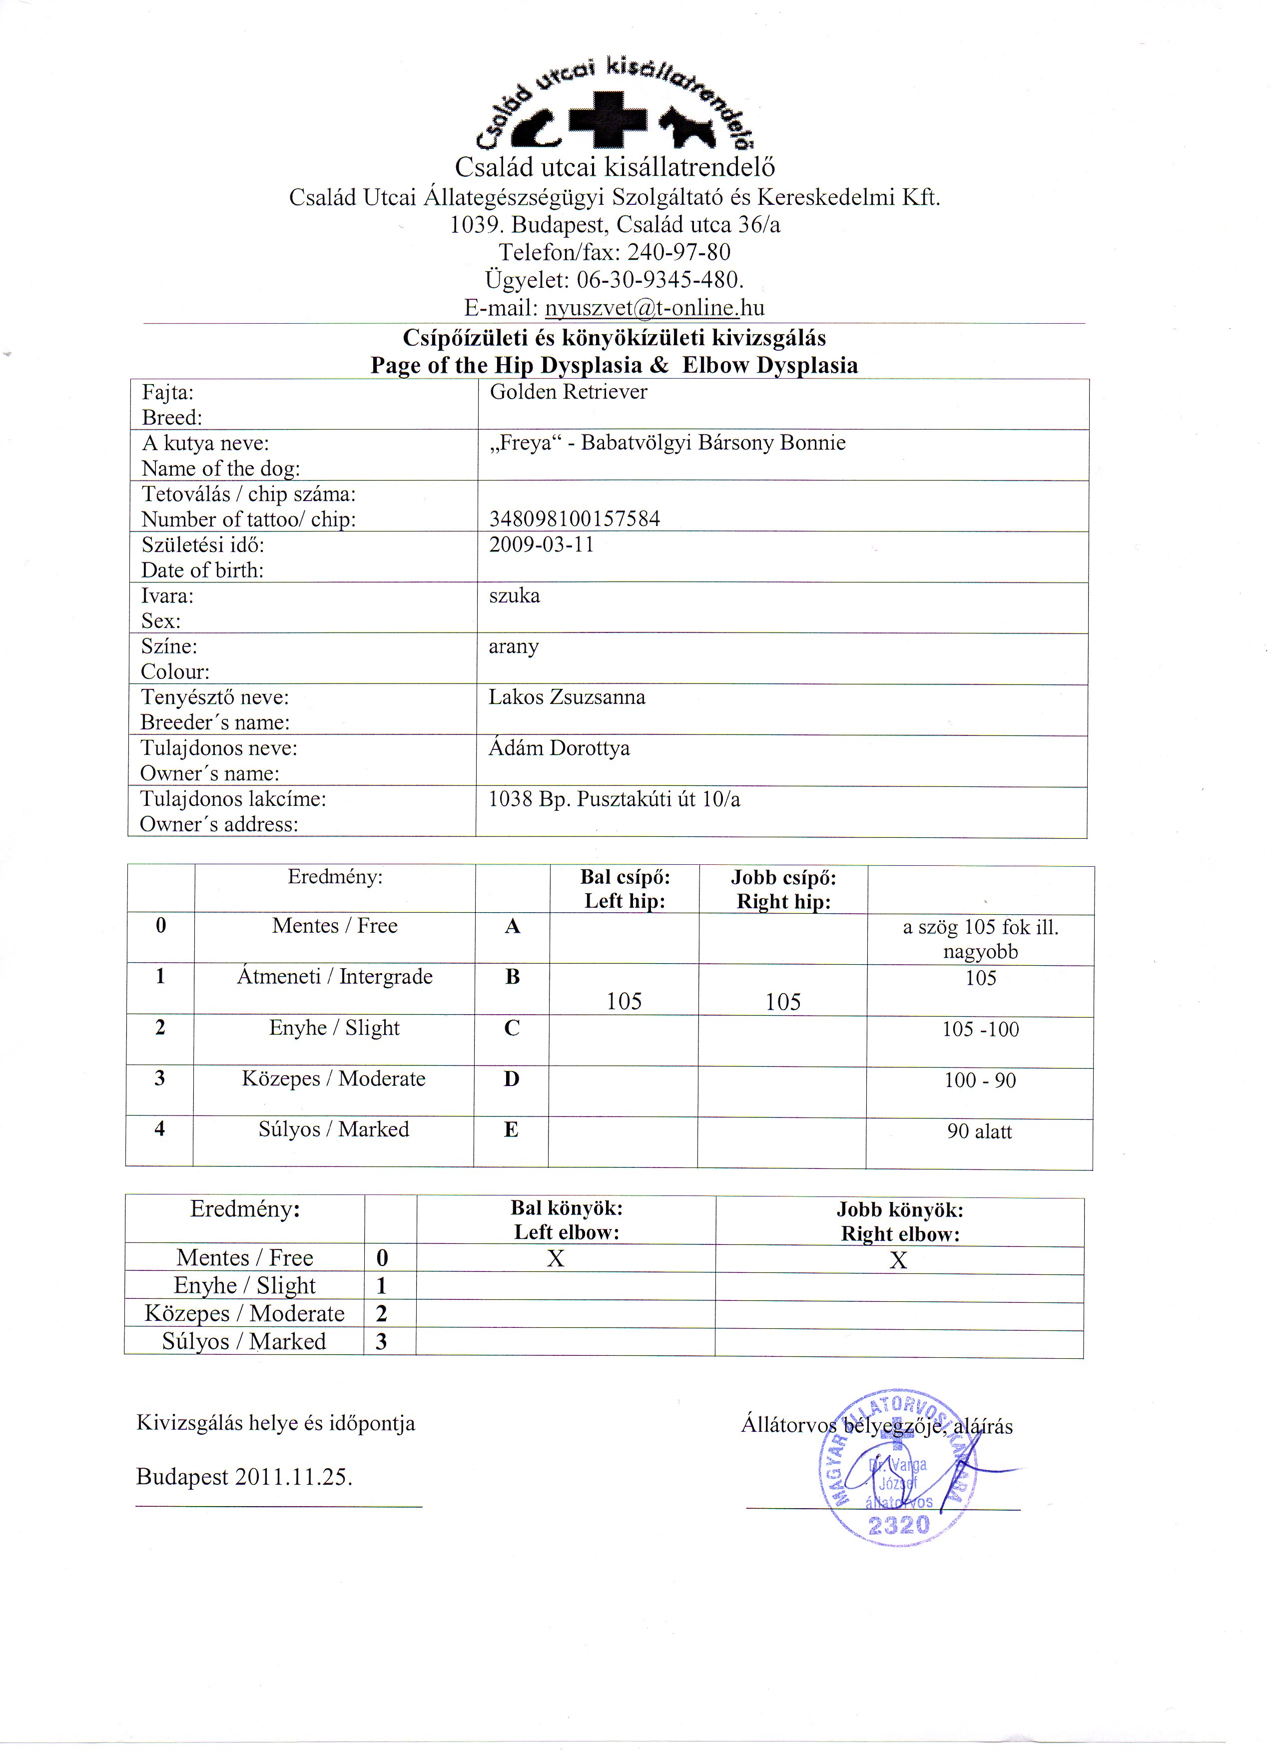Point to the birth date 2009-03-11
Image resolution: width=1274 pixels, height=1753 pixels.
[x=541, y=545]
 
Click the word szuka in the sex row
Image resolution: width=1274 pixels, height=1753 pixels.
[x=514, y=596]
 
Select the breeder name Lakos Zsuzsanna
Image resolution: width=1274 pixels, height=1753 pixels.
[x=567, y=697]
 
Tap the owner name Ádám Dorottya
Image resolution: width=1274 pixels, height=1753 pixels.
[x=559, y=748]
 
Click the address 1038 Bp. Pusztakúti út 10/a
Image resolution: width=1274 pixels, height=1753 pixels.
[x=615, y=799]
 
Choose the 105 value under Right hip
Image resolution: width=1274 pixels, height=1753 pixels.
[x=783, y=1003]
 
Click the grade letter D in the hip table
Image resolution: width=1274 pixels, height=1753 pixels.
[x=511, y=1079]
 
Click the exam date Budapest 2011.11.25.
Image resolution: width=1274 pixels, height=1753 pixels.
[x=244, y=1477]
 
